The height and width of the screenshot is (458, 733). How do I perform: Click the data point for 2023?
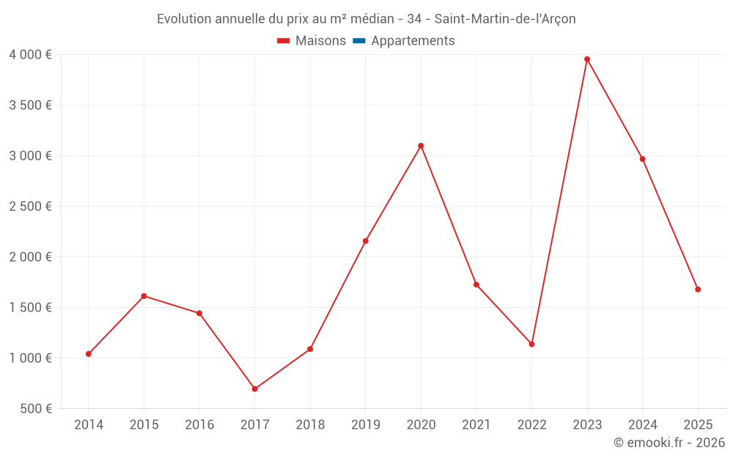[x=587, y=59]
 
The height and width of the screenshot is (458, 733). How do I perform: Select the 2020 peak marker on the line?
[x=421, y=146]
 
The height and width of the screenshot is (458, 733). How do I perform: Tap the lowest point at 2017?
[x=254, y=389]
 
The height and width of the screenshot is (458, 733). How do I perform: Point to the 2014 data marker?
[x=89, y=354]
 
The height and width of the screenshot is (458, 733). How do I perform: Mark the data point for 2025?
[x=698, y=289]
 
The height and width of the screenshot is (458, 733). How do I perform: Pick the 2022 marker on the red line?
[x=531, y=344]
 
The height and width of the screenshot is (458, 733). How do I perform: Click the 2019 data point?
[x=365, y=241]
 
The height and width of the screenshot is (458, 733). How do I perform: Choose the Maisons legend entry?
[x=312, y=41]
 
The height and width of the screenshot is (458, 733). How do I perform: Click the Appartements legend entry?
[x=413, y=41]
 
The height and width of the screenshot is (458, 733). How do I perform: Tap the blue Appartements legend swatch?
[x=359, y=41]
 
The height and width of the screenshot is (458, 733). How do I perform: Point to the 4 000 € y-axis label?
[x=31, y=55]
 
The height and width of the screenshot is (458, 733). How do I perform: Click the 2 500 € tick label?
[x=31, y=207]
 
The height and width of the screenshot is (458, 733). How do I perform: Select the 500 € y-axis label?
[x=35, y=409]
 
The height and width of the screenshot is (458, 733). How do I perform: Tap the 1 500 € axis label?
[x=31, y=308]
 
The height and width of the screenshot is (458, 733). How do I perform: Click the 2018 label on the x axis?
[x=310, y=425]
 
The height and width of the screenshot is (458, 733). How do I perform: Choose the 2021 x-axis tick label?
[x=476, y=425]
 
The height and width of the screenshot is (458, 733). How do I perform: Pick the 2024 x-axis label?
[x=642, y=425]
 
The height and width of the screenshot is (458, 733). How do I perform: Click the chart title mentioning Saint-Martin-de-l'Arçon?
[x=366, y=19]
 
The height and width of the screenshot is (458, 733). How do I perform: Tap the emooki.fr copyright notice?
[x=669, y=443]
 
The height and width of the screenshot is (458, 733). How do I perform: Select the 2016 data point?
[x=199, y=314]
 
